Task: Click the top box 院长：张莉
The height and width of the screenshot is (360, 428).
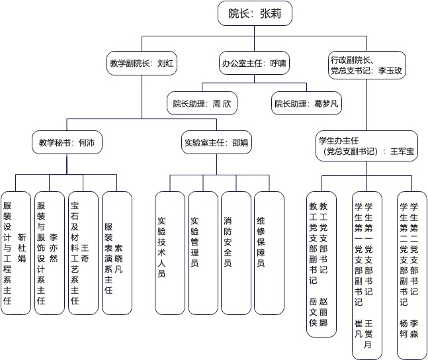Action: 254,12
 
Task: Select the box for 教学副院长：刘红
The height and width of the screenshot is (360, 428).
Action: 142,64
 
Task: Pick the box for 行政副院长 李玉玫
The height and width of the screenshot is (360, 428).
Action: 366,64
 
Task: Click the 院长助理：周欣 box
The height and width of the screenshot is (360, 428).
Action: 200,103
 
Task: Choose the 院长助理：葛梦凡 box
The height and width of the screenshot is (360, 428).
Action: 306,103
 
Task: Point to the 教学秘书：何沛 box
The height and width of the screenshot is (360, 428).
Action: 67,142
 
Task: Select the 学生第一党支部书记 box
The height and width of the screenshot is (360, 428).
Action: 367,273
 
